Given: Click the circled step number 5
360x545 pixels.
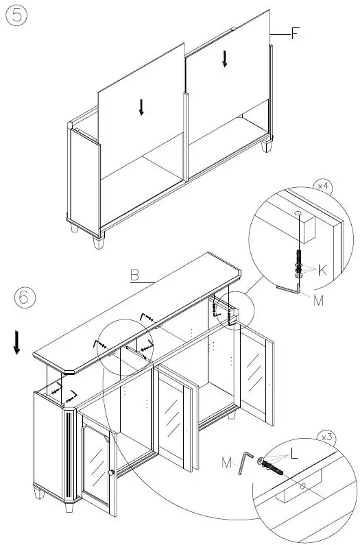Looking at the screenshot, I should click(x=17, y=16).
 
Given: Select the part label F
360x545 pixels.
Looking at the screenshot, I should click(x=295, y=33).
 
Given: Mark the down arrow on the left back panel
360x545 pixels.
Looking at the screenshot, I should click(x=141, y=107).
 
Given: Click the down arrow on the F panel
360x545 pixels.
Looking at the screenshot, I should click(x=224, y=59).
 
